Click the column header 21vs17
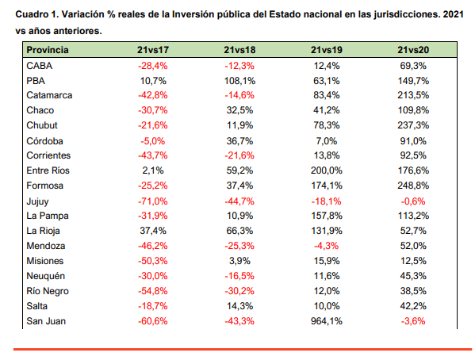153,50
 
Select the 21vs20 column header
413,50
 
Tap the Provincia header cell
48,50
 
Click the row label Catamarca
49,95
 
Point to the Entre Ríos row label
48,170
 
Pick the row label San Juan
46,321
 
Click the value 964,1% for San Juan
326,321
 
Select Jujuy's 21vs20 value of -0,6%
413,201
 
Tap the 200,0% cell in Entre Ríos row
326,170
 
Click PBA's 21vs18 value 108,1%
239,81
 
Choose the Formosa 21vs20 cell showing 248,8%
413,186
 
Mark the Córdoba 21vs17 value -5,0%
153,141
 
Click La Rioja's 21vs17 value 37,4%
153,231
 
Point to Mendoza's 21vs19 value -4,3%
326,246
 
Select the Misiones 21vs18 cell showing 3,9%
239,261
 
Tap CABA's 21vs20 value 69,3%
413,66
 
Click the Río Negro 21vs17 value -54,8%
153,291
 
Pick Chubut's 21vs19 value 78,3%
326,125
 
